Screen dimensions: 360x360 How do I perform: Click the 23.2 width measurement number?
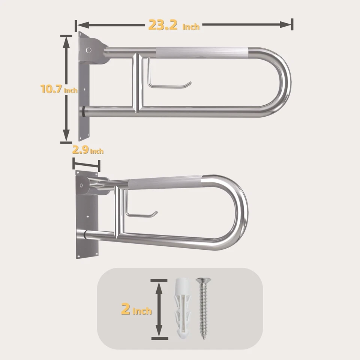[x=163, y=25]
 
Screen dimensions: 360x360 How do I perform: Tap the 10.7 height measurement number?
[x=51, y=89]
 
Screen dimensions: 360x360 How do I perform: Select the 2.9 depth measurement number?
[x=80, y=150]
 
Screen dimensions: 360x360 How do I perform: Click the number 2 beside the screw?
[x=126, y=309]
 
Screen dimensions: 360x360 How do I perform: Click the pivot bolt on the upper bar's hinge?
[x=88, y=50]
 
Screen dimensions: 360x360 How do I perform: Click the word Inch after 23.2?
[x=191, y=27]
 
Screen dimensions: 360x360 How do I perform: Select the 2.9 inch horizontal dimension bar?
[x=86, y=165]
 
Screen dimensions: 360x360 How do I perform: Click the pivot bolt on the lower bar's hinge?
[x=81, y=185]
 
